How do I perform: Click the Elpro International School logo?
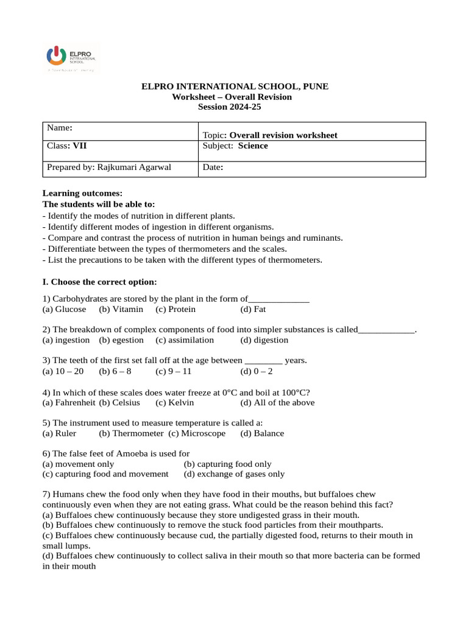71,58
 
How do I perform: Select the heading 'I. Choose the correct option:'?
99,282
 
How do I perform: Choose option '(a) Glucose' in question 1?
65,309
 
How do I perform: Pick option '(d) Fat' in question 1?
253,309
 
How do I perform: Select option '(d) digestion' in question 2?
264,340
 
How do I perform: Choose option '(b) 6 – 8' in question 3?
115,371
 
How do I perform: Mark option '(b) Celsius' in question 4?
119,402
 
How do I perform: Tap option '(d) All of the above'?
277,402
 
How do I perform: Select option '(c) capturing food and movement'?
105,474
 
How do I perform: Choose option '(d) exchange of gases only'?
234,474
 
